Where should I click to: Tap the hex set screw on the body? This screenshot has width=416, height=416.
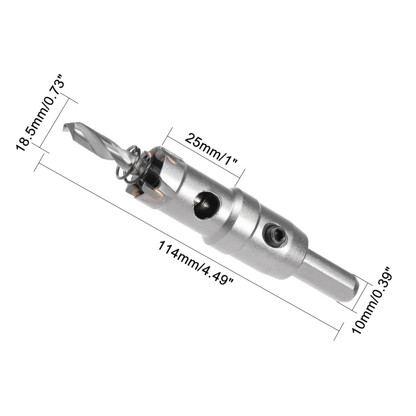(274, 234)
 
